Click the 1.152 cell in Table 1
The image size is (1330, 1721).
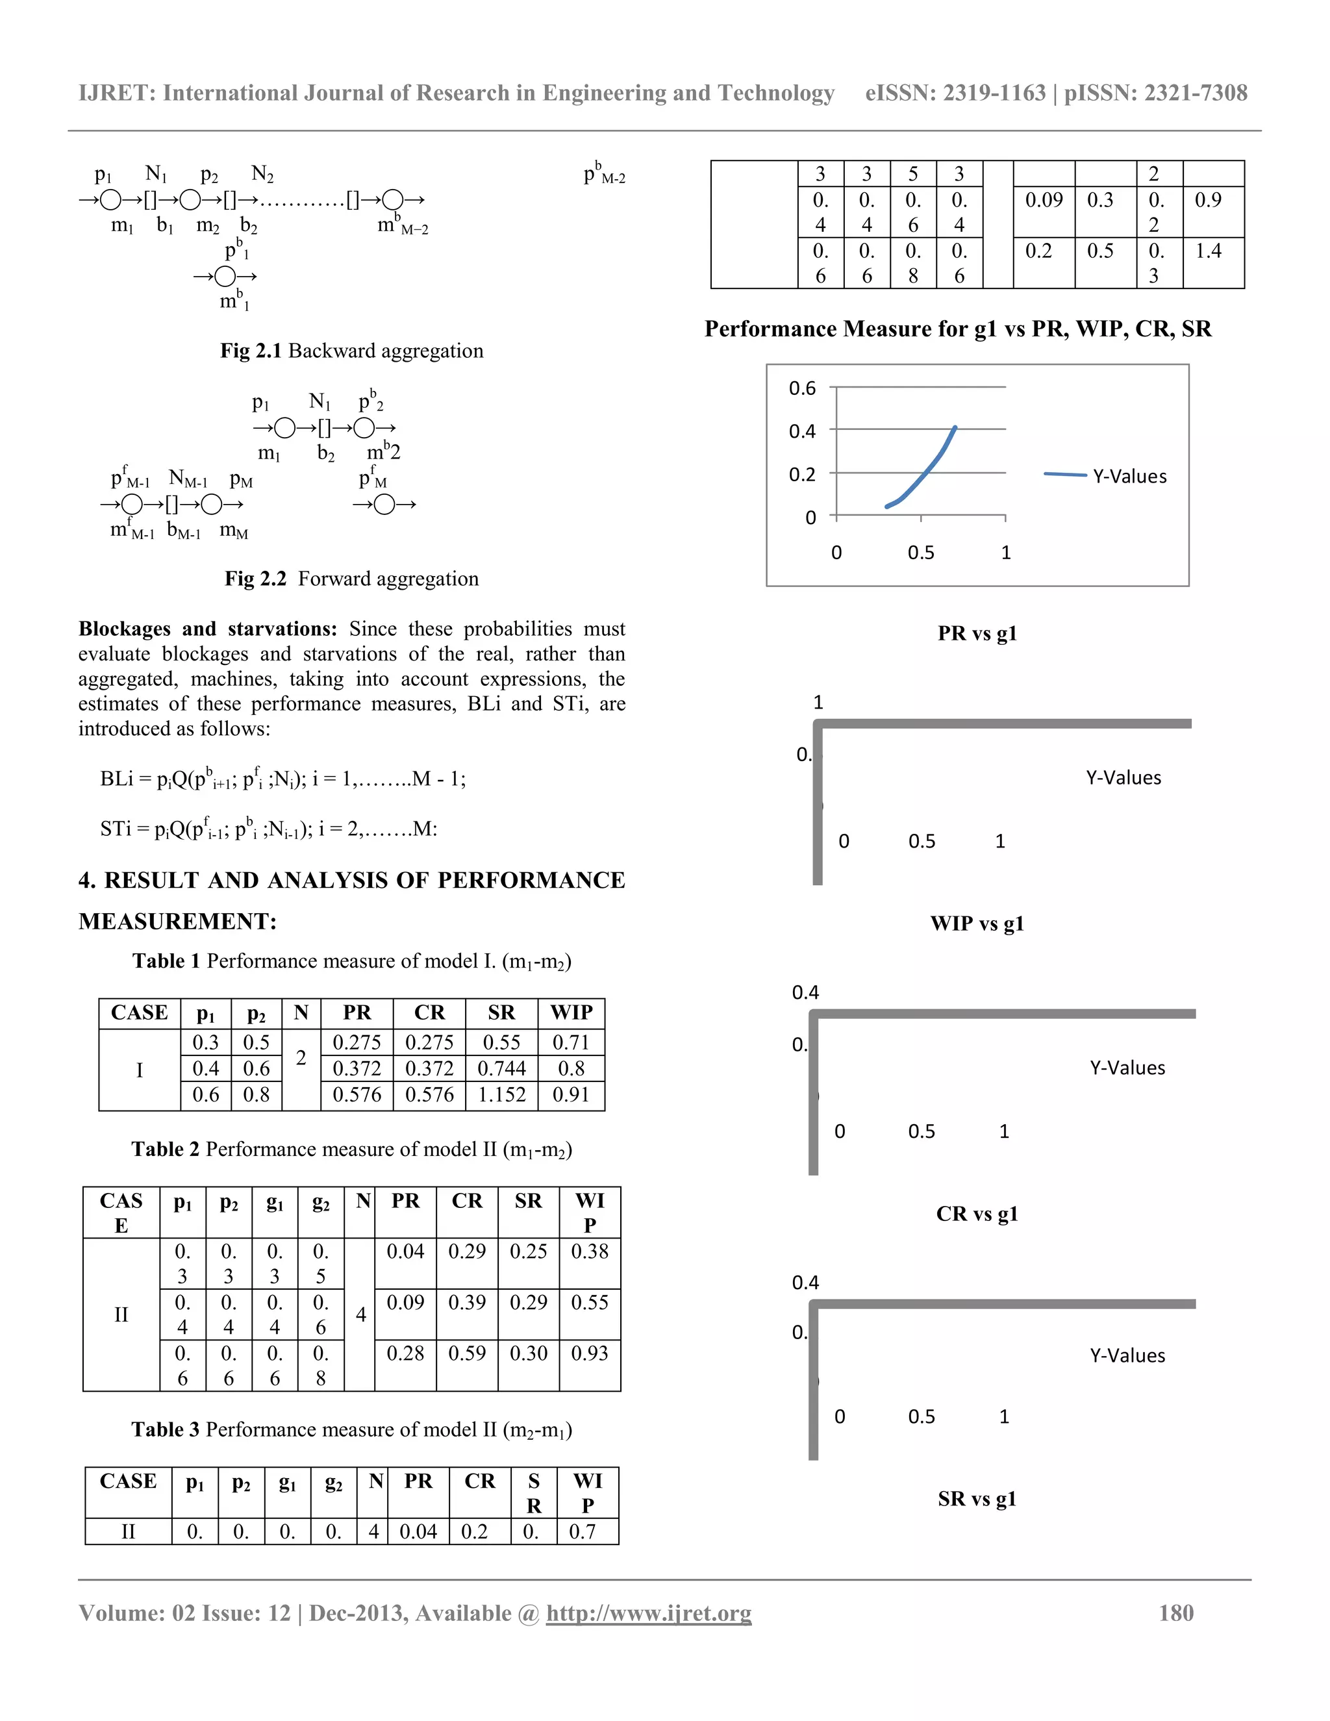501,1094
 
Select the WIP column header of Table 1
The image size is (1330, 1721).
571,1012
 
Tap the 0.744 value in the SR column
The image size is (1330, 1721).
501,1068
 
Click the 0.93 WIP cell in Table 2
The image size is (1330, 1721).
590,1353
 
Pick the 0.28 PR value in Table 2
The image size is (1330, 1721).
405,1353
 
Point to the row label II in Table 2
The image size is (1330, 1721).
121,1314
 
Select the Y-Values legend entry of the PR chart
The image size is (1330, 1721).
1129,476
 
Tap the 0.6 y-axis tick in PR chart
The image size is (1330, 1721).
802,388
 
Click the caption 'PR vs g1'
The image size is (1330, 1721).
976,634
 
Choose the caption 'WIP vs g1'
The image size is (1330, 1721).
976,923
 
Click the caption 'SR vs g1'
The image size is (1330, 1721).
976,1499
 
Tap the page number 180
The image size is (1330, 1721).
1175,1613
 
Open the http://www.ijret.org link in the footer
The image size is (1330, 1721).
649,1613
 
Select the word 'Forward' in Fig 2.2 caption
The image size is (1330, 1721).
332,579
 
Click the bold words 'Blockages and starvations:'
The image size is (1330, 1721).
207,629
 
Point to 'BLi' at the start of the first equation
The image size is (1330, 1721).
117,779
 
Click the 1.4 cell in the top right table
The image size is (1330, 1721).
1208,251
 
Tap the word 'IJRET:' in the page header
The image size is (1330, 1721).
117,93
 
